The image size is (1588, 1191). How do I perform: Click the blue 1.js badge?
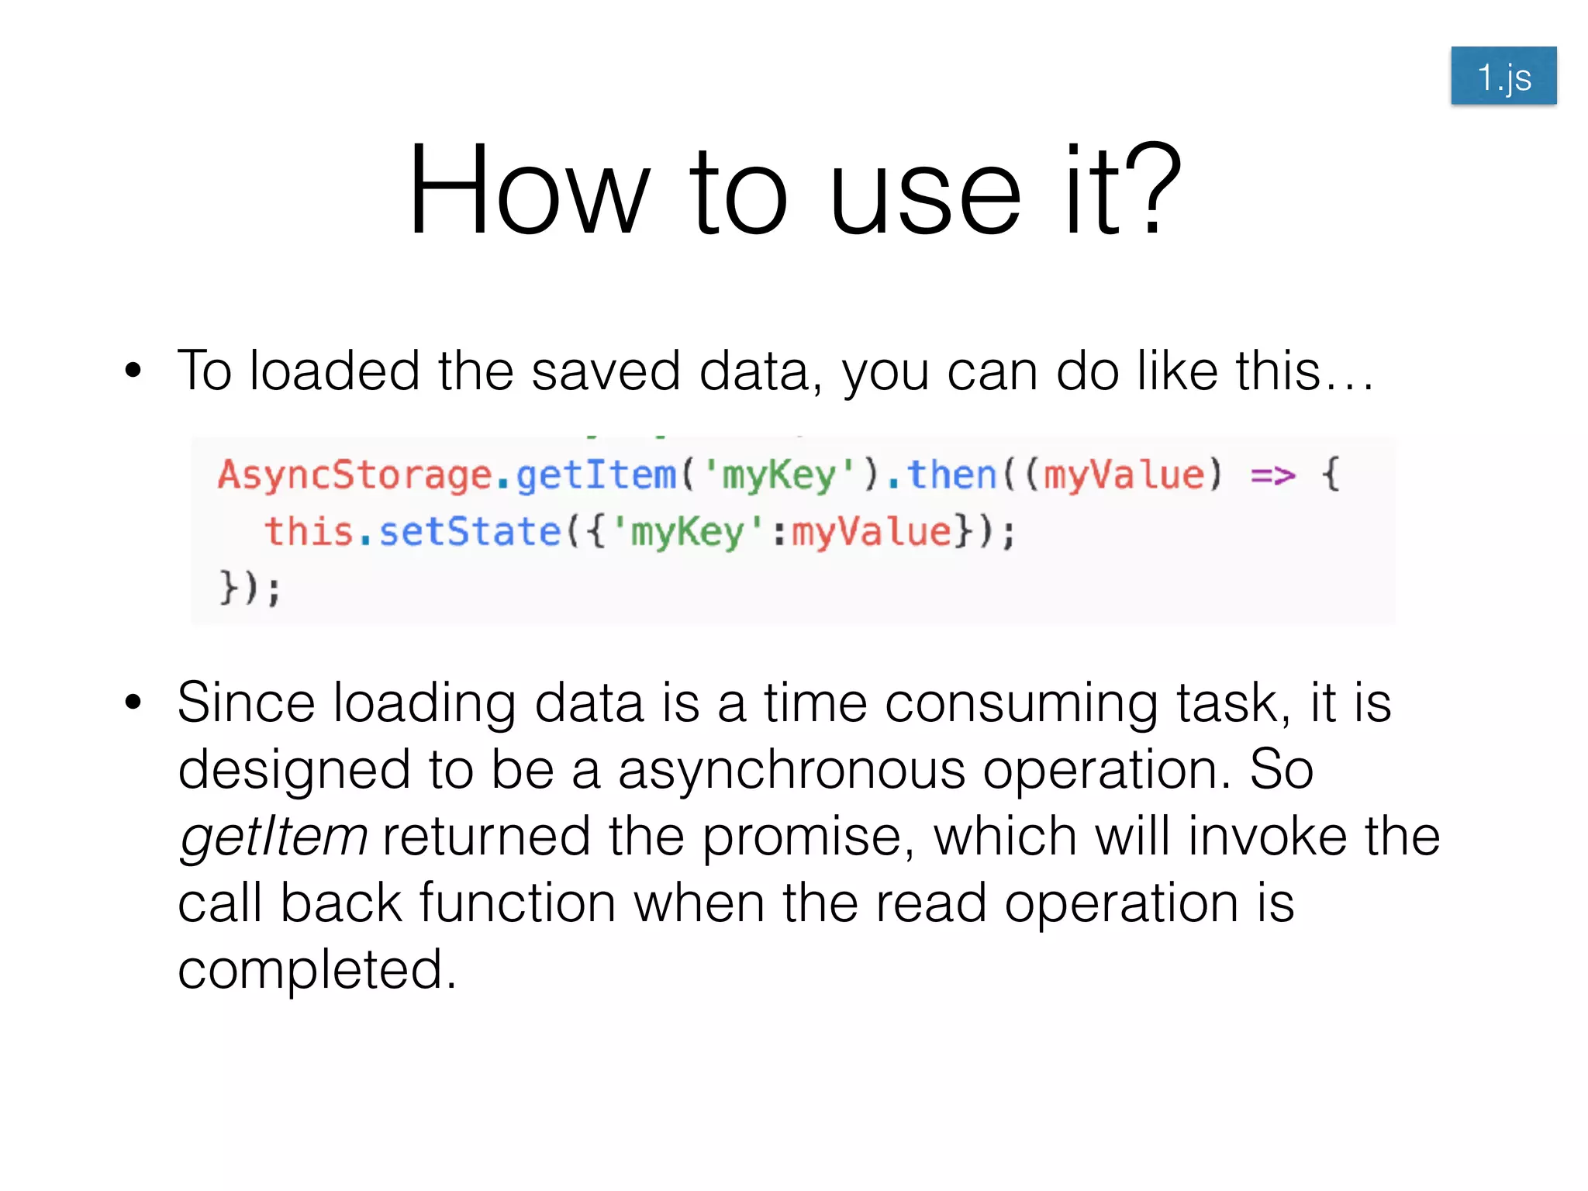(x=1503, y=76)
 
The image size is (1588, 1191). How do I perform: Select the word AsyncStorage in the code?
(x=354, y=475)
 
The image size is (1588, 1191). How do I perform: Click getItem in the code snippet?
(x=595, y=475)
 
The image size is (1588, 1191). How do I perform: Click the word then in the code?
(x=951, y=475)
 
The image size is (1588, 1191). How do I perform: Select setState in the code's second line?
(x=469, y=532)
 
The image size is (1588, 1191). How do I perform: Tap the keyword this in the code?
(x=309, y=532)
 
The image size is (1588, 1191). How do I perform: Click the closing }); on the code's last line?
(x=250, y=588)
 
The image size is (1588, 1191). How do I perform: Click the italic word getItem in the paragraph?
(x=273, y=837)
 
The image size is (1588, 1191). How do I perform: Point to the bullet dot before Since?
(x=133, y=703)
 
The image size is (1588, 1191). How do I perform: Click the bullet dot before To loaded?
(x=133, y=371)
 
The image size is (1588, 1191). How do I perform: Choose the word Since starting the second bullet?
(x=246, y=703)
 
